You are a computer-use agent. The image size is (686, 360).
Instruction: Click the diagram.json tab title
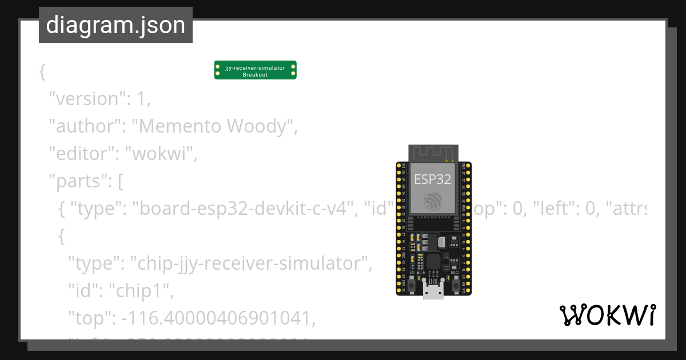(115, 25)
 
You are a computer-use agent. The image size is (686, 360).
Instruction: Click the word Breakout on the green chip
(255, 75)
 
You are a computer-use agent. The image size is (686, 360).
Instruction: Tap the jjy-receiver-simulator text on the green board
(255, 68)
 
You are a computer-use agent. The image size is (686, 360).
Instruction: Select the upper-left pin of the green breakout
(217, 67)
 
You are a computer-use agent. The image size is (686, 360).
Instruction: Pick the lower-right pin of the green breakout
(293, 74)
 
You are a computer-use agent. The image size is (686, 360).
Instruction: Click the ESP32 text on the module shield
(433, 179)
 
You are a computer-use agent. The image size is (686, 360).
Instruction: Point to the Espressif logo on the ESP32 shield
(433, 201)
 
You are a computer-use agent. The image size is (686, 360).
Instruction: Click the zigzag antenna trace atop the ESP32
(433, 153)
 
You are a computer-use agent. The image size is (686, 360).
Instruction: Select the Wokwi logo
(607, 315)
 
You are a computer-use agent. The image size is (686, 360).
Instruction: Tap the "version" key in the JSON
(84, 99)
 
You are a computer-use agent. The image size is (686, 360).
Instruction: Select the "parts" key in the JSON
(76, 181)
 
